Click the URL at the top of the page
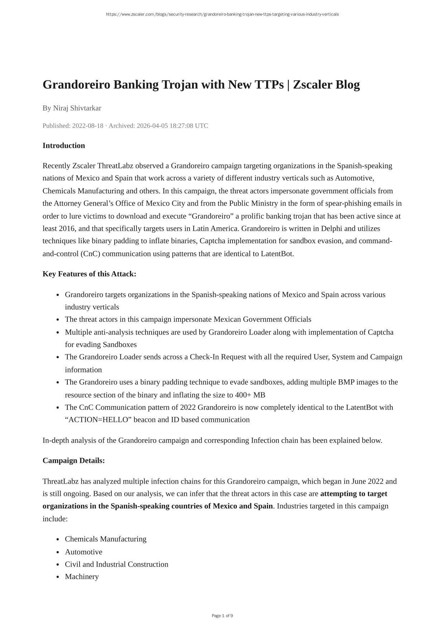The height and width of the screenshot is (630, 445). [x=222, y=14]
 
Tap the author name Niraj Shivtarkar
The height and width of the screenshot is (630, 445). [x=77, y=108]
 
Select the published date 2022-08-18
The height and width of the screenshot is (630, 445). [x=88, y=126]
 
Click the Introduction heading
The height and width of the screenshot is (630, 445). [x=64, y=145]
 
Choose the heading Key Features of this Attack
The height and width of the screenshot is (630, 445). [x=89, y=274]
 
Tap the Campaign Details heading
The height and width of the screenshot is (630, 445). [x=73, y=460]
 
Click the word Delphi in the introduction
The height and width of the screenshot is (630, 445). [x=332, y=229]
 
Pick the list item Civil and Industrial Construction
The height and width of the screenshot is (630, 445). [x=116, y=564]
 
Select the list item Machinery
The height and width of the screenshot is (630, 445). [x=82, y=577]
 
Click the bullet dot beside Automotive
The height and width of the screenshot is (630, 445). [x=58, y=552]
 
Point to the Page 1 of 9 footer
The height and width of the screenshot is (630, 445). [x=222, y=616]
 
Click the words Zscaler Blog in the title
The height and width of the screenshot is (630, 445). [x=326, y=85]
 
